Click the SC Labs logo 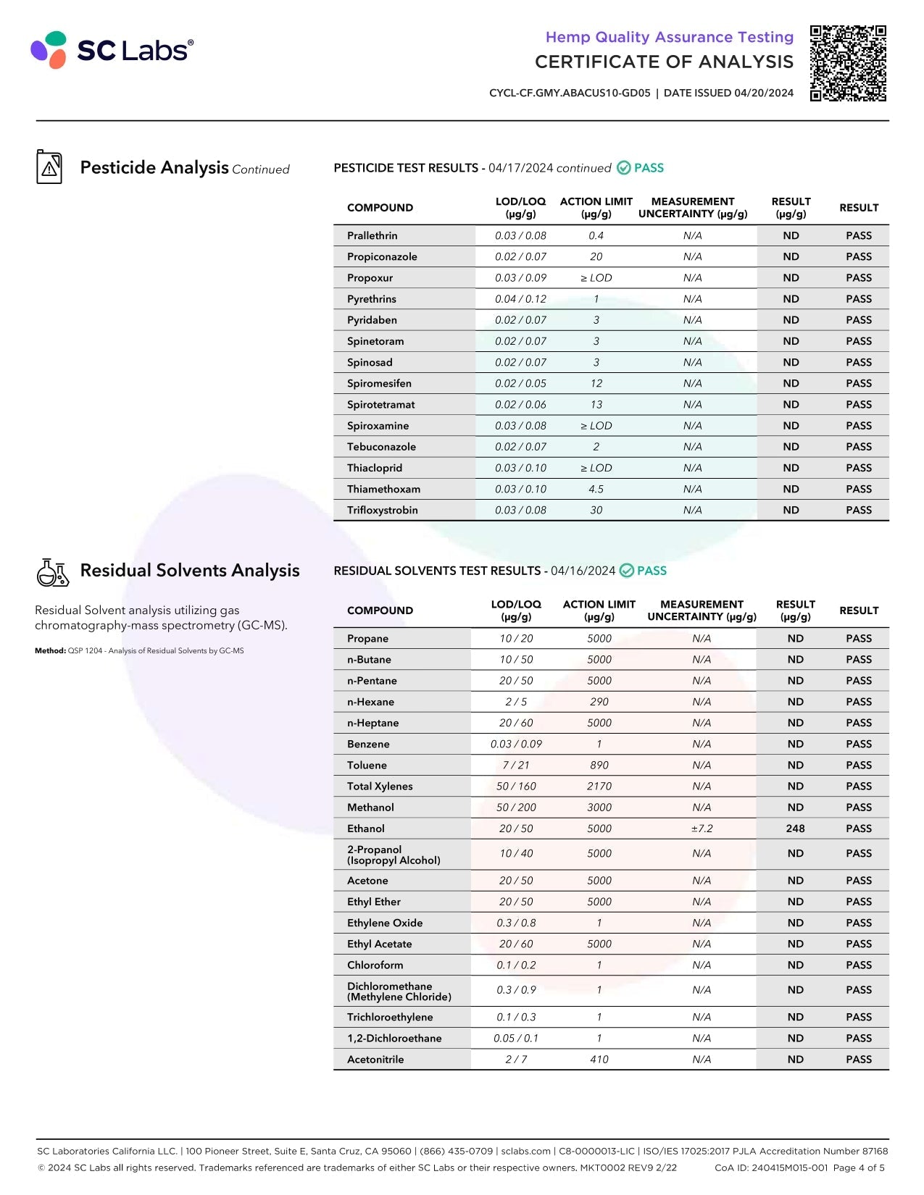[112, 50]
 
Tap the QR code [848, 64]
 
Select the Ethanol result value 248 [795, 829]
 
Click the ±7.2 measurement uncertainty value [702, 829]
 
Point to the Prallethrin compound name [372, 235]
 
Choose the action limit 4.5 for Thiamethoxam [596, 489]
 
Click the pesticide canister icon [49, 167]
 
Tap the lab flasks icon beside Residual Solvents [52, 572]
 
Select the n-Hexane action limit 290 [599, 702]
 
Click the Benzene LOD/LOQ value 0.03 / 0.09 [516, 744]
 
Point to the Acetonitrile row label [375, 1059]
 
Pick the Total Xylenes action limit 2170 [599, 786]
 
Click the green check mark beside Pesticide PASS [624, 168]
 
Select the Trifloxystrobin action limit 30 [596, 510]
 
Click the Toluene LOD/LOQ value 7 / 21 [516, 765]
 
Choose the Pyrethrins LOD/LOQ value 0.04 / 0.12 [520, 298]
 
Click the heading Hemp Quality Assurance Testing [669, 37]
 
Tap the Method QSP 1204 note [139, 650]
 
